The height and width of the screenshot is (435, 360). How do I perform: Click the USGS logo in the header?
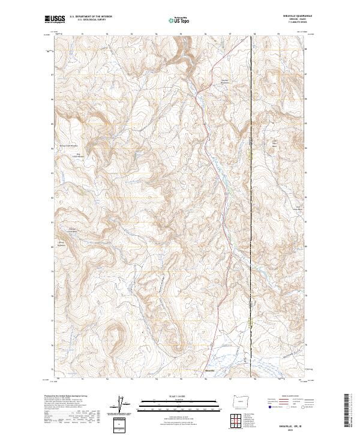pyautogui.click(x=55, y=19)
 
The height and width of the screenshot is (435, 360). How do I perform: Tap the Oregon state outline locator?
pyautogui.click(x=239, y=401)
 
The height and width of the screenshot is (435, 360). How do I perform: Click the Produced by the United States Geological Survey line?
pyautogui.click(x=66, y=397)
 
